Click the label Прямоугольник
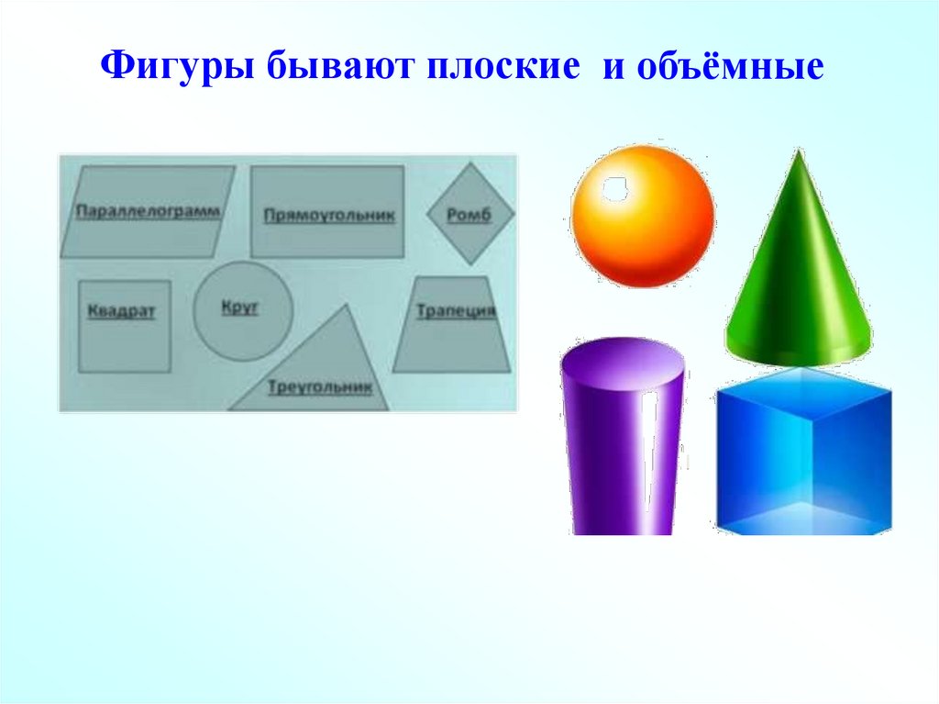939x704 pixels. [329, 217]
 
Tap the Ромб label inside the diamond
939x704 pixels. [469, 217]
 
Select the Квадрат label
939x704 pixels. [122, 311]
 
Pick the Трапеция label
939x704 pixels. [456, 311]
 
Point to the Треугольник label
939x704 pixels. [320, 388]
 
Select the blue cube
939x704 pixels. [803, 454]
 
